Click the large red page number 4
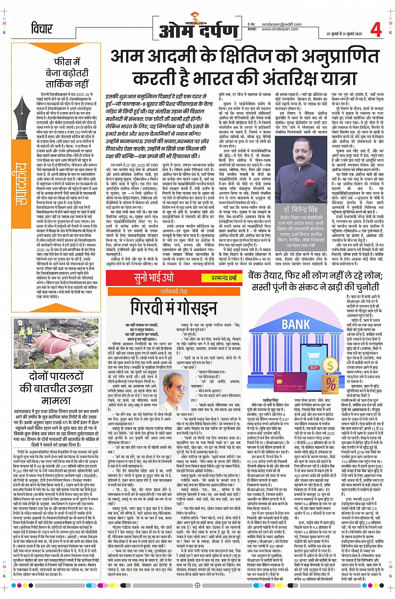(x=376, y=29)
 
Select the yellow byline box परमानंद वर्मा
(x=224, y=278)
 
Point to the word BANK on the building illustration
(x=296, y=324)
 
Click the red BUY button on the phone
(x=314, y=368)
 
